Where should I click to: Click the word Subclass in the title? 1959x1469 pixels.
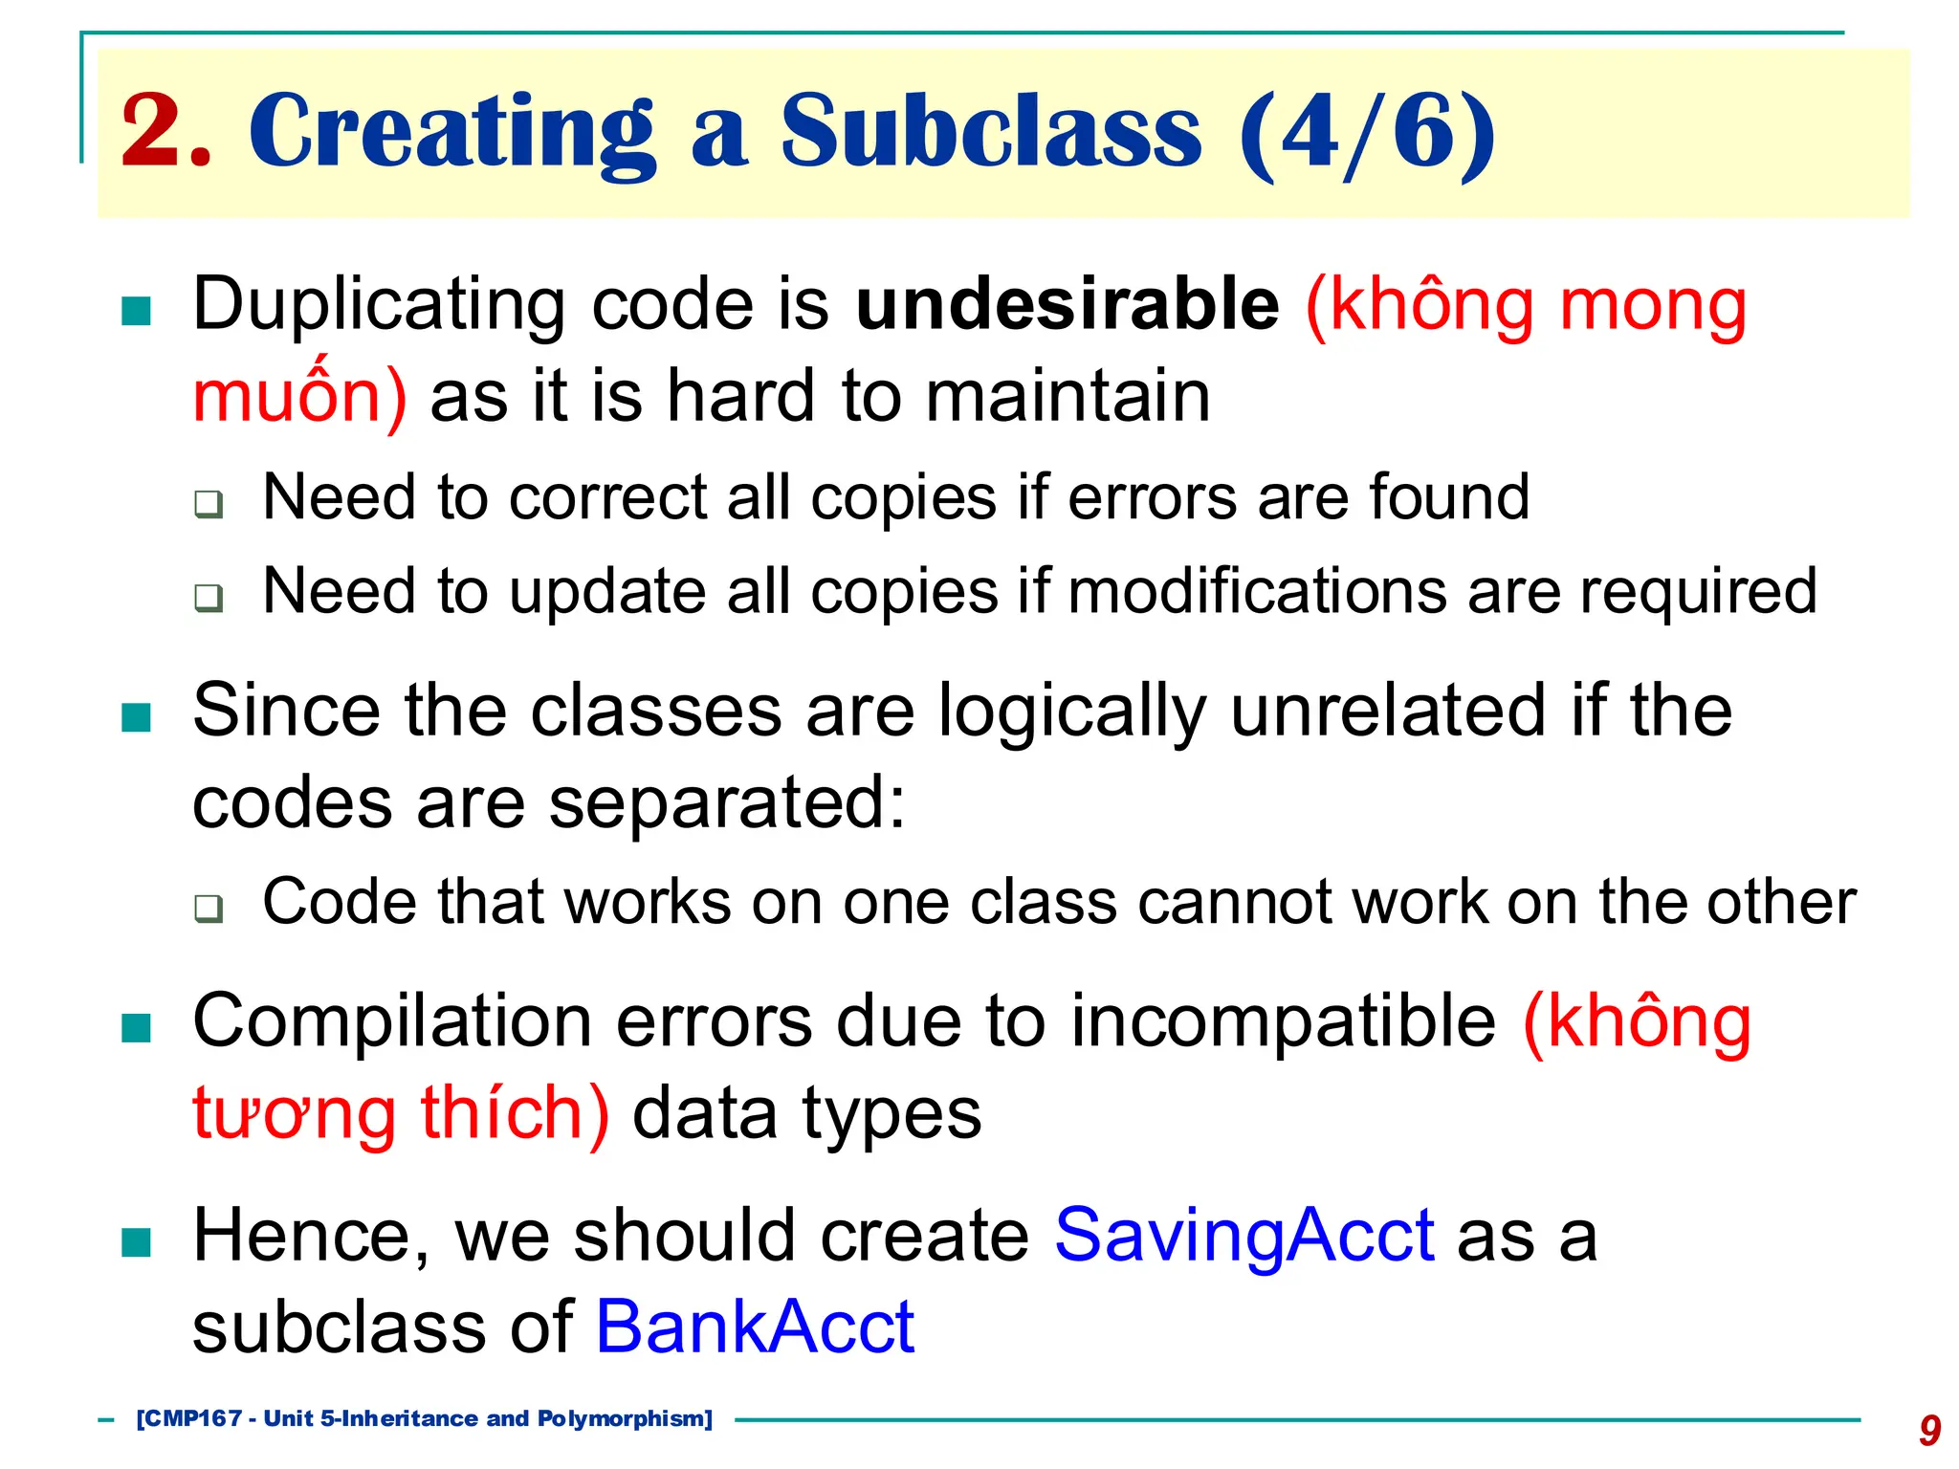(x=990, y=132)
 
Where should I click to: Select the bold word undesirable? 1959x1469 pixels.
(x=1067, y=304)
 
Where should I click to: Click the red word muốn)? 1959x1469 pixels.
(x=299, y=396)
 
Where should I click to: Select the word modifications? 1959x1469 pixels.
(x=1257, y=591)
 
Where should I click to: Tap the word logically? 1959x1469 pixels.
(x=1072, y=712)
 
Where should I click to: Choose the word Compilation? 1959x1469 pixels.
(x=392, y=1021)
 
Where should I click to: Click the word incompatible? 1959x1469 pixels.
(x=1283, y=1021)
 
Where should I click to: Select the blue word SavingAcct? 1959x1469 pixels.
(x=1244, y=1236)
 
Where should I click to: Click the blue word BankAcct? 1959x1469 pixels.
(x=755, y=1327)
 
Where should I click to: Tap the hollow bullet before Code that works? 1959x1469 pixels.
(x=208, y=908)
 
